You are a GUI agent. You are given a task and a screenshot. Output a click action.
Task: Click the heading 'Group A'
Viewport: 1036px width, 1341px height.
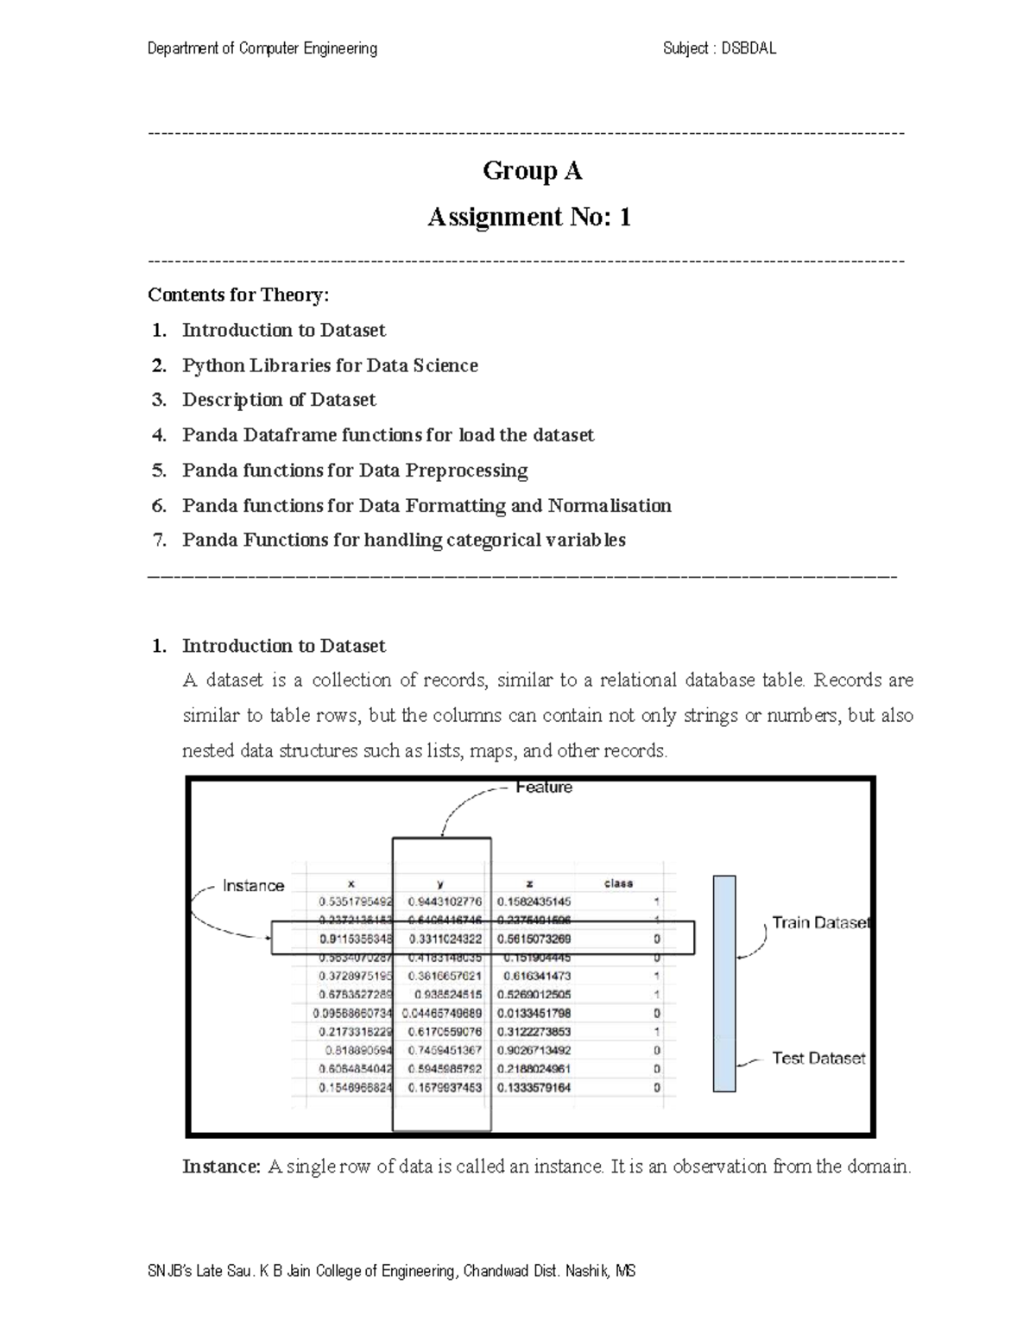(532, 171)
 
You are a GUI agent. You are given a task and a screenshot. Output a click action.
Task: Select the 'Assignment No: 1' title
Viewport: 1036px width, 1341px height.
(529, 217)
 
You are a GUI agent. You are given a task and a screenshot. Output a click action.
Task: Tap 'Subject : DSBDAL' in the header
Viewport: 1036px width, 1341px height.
(719, 49)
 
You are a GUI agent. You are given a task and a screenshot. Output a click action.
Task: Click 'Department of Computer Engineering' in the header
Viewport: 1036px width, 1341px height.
(262, 49)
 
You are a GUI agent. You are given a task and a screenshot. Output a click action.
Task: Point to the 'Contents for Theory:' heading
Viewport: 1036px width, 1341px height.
(238, 295)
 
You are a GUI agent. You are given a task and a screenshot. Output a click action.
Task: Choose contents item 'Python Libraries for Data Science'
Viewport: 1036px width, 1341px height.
(330, 365)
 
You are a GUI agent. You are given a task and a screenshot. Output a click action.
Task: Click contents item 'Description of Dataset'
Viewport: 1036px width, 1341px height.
(279, 400)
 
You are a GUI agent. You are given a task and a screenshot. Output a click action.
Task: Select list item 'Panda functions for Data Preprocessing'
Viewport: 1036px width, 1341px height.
(355, 471)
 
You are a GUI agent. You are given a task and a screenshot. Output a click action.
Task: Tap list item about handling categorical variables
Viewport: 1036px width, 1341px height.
(403, 541)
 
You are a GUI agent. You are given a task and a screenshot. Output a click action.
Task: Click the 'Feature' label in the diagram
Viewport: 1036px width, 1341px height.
(544, 788)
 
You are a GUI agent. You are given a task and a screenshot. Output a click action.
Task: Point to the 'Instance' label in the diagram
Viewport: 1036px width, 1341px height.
(253, 886)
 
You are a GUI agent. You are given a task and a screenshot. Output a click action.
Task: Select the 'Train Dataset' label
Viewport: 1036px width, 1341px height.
(820, 923)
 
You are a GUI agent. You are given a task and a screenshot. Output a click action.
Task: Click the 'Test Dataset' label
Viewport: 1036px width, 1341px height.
(818, 1059)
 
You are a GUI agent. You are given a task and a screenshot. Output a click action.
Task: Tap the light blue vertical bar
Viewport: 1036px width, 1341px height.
(724, 984)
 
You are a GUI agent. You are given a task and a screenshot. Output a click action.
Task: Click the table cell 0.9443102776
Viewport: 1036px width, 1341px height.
(445, 901)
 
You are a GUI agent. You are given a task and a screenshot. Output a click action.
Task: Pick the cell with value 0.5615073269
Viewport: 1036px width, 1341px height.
(534, 939)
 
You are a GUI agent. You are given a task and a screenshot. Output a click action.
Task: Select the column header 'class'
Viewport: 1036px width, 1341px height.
(618, 883)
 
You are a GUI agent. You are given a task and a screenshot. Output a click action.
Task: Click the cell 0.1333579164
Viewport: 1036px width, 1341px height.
(534, 1088)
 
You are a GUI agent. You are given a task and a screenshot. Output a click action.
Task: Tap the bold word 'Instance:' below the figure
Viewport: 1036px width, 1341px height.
(221, 1167)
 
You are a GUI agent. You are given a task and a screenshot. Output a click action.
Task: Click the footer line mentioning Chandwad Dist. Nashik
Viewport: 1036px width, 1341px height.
(392, 1271)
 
